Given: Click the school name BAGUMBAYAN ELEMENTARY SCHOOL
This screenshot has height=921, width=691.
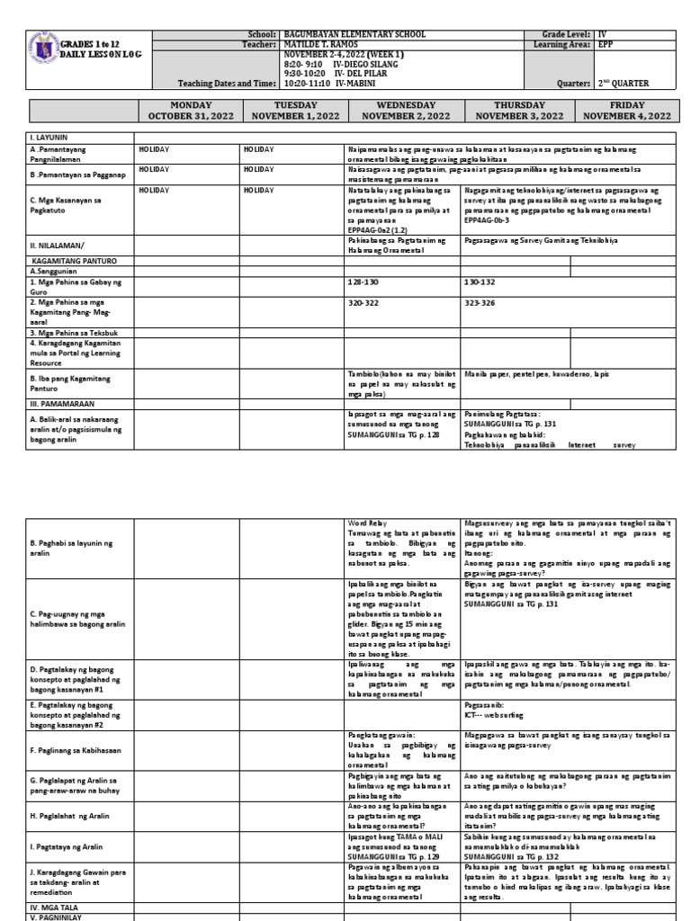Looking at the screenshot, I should click(341, 33).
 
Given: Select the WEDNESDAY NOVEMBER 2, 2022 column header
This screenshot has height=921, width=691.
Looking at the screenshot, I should click(403, 111).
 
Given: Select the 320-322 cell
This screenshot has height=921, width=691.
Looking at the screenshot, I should click(361, 304).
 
